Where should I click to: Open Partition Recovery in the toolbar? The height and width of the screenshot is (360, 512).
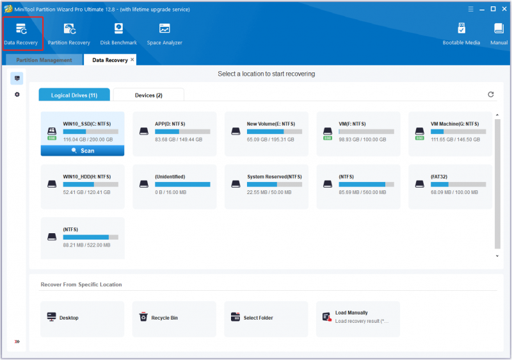pyautogui.click(x=69, y=34)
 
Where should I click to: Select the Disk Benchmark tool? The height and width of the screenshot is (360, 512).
pyautogui.click(x=118, y=34)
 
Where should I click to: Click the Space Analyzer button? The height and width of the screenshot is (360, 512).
pyautogui.click(x=164, y=34)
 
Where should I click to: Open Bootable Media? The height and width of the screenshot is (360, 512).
pyautogui.click(x=461, y=34)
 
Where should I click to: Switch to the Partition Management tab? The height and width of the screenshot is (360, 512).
pyautogui.click(x=44, y=60)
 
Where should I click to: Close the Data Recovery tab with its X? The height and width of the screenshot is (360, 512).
pyautogui.click(x=132, y=60)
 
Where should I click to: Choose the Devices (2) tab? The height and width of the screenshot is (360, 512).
pyautogui.click(x=148, y=95)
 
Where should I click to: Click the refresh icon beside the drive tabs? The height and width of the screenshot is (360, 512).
pyautogui.click(x=490, y=94)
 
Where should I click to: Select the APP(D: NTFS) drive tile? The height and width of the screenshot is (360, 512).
pyautogui.click(x=174, y=134)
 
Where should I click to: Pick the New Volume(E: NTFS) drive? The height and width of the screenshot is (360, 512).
pyautogui.click(x=266, y=134)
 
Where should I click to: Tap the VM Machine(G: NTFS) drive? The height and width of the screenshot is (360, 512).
pyautogui.click(x=450, y=134)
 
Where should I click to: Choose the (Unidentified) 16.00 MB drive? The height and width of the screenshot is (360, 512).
pyautogui.click(x=174, y=186)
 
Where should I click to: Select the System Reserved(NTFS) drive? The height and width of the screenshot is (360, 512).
pyautogui.click(x=266, y=186)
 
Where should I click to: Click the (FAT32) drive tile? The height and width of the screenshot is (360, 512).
pyautogui.click(x=450, y=186)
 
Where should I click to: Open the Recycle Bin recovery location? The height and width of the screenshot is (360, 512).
pyautogui.click(x=174, y=318)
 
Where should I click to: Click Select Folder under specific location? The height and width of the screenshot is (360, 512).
pyautogui.click(x=266, y=318)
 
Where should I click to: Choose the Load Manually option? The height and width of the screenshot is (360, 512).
pyautogui.click(x=358, y=318)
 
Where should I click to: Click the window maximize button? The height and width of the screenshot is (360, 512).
pyautogui.click(x=493, y=9)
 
